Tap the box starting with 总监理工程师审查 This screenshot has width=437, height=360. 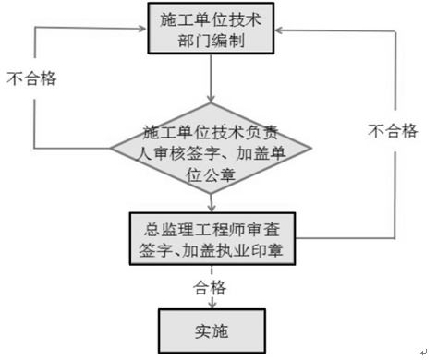tap(212, 238)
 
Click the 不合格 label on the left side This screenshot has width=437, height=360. tap(31, 78)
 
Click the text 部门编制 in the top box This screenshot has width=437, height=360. tap(212, 42)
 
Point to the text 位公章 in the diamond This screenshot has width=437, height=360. tap(212, 171)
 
